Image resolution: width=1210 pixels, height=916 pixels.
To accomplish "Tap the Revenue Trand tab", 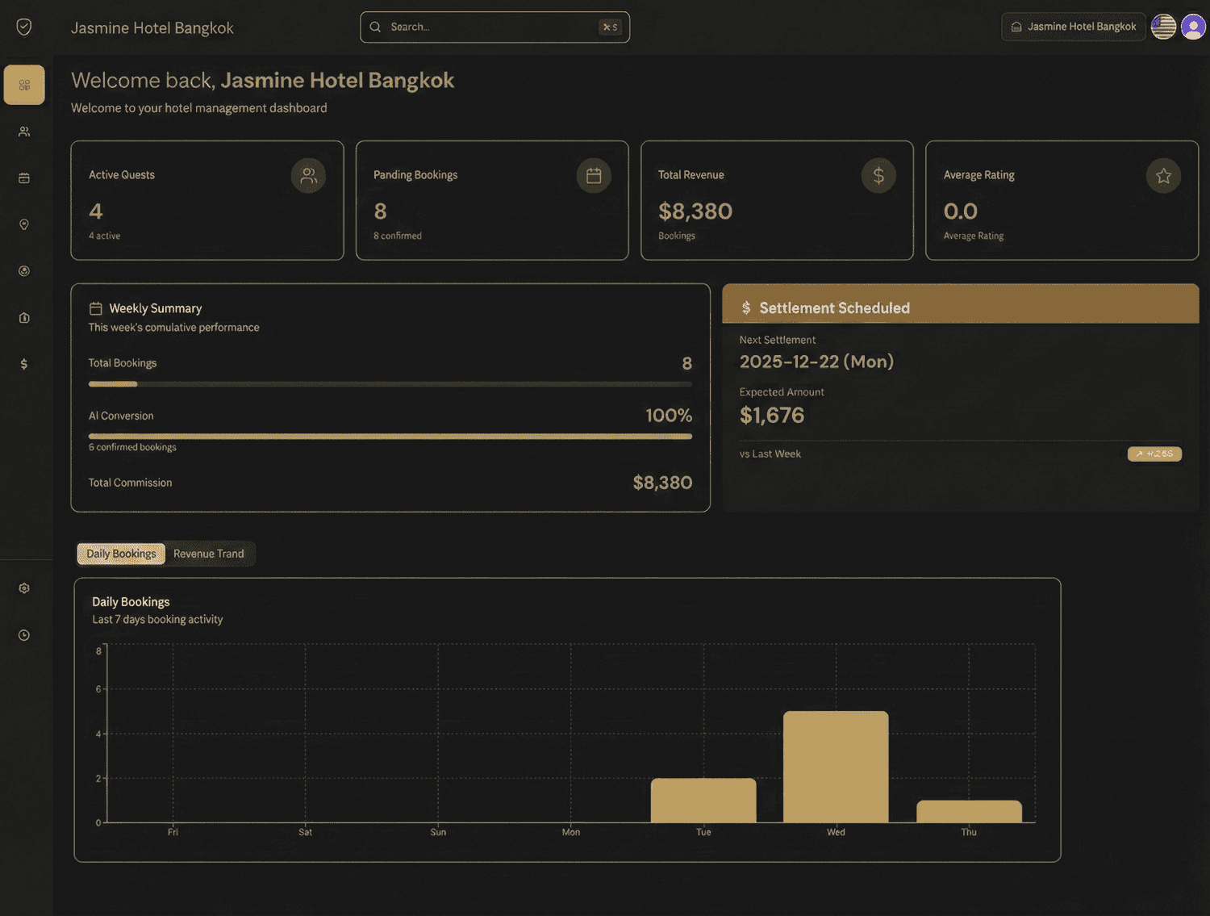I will coord(208,554).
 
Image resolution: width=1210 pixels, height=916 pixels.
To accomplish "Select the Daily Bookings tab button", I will coord(121,554).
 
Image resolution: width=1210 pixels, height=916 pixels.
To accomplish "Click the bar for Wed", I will coord(836,767).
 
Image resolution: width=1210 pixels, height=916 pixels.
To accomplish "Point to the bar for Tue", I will coord(703,801).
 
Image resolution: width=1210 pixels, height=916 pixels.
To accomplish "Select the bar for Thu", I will coord(969,811).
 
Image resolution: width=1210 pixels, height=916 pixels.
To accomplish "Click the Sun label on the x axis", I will coord(438,832).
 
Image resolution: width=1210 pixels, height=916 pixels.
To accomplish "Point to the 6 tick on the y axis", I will coord(98,689).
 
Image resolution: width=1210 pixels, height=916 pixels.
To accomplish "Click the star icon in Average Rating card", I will coord(1163,176).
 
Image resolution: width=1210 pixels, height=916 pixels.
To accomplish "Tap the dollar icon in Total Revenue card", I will coord(878,176).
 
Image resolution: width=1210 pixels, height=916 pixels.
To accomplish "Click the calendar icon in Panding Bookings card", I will coord(594,176).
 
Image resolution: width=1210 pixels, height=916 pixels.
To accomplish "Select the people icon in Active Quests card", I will coord(308,176).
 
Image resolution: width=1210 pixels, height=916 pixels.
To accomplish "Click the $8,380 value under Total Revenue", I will coord(695,211).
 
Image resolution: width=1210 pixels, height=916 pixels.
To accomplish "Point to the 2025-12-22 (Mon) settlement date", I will coord(816,362).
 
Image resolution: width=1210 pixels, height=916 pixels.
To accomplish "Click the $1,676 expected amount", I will coord(772,416).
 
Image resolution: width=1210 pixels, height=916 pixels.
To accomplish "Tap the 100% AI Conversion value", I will coord(668,416).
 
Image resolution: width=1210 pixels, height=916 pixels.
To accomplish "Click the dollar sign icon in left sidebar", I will coord(24,364).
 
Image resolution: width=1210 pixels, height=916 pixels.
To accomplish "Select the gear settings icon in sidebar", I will coord(24,588).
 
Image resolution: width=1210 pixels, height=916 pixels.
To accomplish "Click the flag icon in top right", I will coord(1163,27).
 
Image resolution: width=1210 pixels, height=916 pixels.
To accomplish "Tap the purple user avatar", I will coord(1193,27).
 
